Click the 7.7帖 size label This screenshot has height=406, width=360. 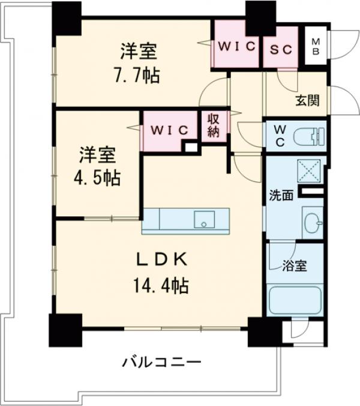pyautogui.click(x=139, y=76)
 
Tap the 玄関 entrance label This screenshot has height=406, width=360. pyautogui.click(x=307, y=100)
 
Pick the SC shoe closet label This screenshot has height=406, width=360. pyautogui.click(x=281, y=47)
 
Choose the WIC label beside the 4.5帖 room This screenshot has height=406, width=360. pyautogui.click(x=170, y=130)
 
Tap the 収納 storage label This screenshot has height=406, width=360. pyautogui.click(x=214, y=126)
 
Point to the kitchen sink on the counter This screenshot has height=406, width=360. pyautogui.click(x=204, y=220)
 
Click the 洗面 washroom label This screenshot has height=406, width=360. pyautogui.click(x=281, y=195)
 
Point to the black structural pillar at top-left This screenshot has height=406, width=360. pyautogui.click(x=65, y=18)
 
